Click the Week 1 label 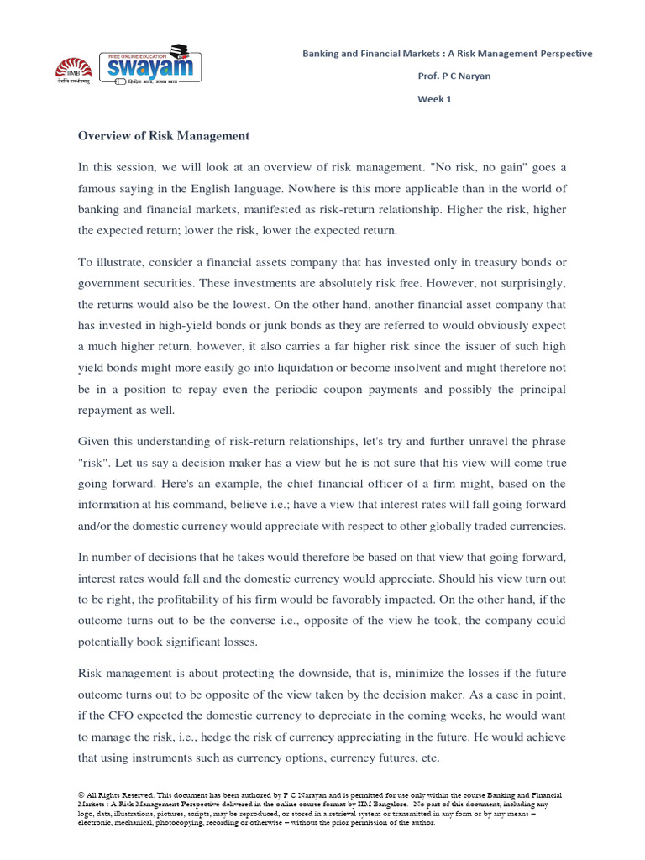pyautogui.click(x=434, y=98)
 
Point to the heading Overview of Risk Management pyautogui.click(x=164, y=135)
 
